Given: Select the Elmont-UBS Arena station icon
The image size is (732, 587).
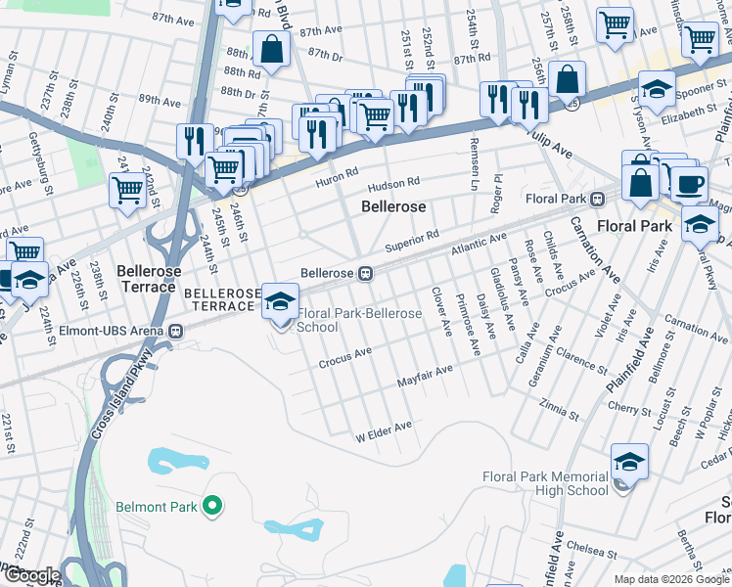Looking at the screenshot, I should [x=177, y=331].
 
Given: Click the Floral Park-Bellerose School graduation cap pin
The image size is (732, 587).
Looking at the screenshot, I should [x=280, y=301].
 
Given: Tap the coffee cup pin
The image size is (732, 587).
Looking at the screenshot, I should [x=689, y=184].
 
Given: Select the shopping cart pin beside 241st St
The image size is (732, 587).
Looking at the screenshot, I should [x=128, y=190].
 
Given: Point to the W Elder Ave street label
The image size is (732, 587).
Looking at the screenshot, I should [x=383, y=429].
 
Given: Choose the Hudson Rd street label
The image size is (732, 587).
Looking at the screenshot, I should [x=392, y=184].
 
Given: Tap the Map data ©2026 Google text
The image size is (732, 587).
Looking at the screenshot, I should [x=670, y=579].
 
